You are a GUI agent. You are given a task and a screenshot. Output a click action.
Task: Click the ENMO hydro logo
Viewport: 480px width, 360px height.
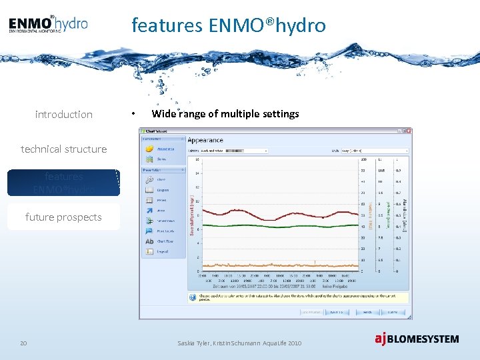(x=48, y=25)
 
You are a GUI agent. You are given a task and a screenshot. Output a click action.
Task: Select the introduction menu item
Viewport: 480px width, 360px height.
(x=63, y=115)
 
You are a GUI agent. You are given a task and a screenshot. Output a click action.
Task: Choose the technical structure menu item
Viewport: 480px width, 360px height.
(x=63, y=149)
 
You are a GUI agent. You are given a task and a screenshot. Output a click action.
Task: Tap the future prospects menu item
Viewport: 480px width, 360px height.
(x=63, y=217)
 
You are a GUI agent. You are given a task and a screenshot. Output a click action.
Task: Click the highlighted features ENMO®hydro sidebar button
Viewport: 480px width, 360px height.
(x=63, y=183)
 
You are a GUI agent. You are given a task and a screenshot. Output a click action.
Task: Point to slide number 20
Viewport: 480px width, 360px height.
(x=23, y=343)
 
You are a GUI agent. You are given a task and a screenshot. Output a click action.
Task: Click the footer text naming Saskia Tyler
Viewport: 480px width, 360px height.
(x=239, y=343)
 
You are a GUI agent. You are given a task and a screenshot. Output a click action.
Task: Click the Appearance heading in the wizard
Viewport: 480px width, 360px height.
(x=205, y=140)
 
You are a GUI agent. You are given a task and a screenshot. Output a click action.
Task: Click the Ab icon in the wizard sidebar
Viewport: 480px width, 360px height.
(x=149, y=241)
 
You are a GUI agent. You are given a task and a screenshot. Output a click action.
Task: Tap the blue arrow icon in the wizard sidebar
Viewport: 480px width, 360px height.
(x=149, y=210)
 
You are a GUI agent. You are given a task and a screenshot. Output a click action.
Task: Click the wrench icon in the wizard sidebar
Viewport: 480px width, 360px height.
(x=149, y=179)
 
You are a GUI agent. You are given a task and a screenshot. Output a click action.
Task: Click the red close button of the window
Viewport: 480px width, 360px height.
(x=408, y=131)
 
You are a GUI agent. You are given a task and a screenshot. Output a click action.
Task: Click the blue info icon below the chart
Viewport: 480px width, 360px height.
(x=192, y=297)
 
